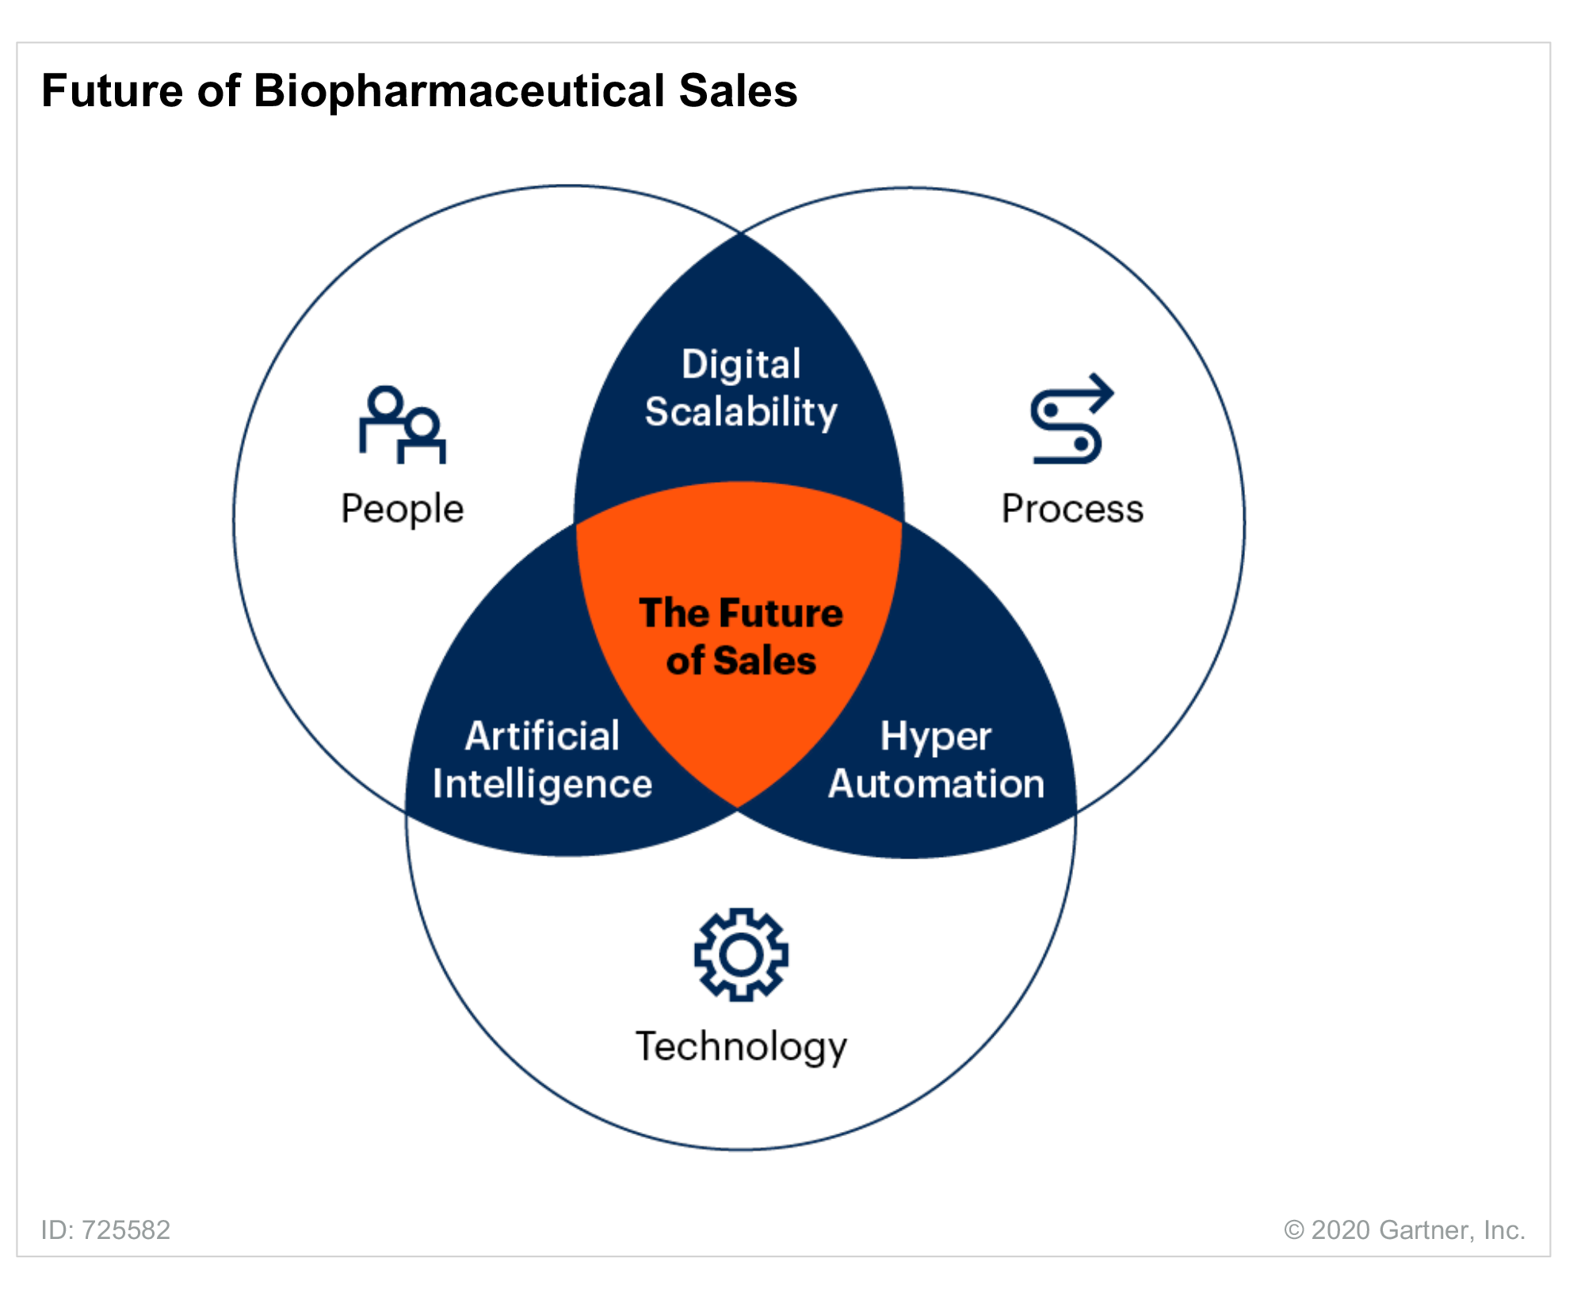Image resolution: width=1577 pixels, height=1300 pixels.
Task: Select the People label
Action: (x=402, y=510)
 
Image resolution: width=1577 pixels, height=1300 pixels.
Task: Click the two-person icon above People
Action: (x=402, y=424)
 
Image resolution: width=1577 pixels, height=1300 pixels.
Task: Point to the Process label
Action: (x=1072, y=508)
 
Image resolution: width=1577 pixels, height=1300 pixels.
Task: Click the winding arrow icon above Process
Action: (x=1071, y=419)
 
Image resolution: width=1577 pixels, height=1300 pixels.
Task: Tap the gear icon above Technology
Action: (x=741, y=954)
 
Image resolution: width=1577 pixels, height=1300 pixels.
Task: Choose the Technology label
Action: (x=741, y=1047)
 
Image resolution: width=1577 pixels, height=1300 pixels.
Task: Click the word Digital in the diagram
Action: (x=741, y=365)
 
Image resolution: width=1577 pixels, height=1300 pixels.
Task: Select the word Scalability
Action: (x=741, y=412)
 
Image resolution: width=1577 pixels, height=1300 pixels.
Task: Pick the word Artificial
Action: (x=542, y=736)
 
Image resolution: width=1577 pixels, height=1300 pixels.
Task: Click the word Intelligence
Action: (x=542, y=785)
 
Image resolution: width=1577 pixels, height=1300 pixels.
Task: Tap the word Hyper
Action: (x=936, y=737)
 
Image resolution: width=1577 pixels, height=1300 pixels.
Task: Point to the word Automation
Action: (x=936, y=784)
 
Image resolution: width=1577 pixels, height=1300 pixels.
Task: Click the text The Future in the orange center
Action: (x=741, y=613)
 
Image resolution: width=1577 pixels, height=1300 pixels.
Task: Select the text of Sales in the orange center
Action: (x=741, y=660)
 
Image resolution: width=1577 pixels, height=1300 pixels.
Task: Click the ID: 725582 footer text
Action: (x=105, y=1229)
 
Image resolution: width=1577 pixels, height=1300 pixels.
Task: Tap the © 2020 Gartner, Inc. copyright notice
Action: (x=1404, y=1229)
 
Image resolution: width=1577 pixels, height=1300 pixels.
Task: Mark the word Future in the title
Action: (x=113, y=90)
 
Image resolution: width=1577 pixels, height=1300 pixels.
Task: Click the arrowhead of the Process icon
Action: (x=1102, y=388)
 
